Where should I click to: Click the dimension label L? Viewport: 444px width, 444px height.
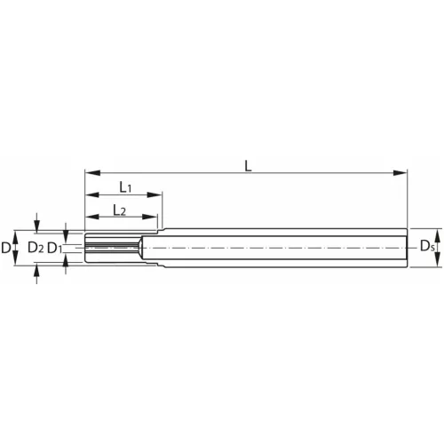pyautogui.click(x=248, y=164)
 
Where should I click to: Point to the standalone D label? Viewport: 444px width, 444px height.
pyautogui.click(x=7, y=247)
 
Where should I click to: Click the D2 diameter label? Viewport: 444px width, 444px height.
pyautogui.click(x=36, y=247)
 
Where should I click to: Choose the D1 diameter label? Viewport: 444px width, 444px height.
pyautogui.click(x=54, y=247)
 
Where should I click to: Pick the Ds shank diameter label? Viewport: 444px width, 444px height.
pyautogui.click(x=428, y=246)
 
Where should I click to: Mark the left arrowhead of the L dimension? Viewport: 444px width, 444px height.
pyautogui.click(x=90, y=173)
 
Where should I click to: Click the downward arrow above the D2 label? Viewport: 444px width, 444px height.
pyautogui.click(x=36, y=223)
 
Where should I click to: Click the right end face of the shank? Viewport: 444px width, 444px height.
pyautogui.click(x=407, y=246)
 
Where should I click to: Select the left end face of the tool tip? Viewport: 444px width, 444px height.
pyautogui.click(x=85, y=246)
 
